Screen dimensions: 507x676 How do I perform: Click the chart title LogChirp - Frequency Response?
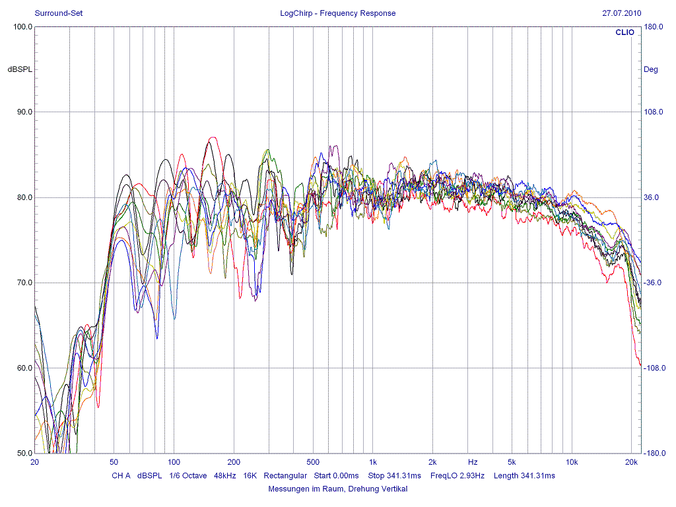(x=337, y=13)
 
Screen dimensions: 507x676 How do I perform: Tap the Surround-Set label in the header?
(x=58, y=13)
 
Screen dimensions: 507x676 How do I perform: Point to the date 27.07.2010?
(x=621, y=13)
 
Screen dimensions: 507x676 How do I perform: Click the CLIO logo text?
(x=624, y=32)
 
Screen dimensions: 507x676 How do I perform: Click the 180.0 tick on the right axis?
(x=653, y=27)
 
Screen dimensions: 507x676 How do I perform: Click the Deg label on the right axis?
(x=651, y=69)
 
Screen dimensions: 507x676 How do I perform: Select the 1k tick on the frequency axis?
(x=373, y=462)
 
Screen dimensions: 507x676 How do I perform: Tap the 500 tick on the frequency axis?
(x=314, y=462)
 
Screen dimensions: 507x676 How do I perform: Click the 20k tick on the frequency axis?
(x=632, y=462)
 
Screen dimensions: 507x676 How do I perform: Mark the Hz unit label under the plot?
(x=473, y=462)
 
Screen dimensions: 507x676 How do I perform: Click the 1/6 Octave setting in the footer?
(x=188, y=475)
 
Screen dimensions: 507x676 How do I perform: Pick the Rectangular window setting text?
(x=285, y=475)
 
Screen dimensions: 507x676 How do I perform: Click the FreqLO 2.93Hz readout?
(x=457, y=475)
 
